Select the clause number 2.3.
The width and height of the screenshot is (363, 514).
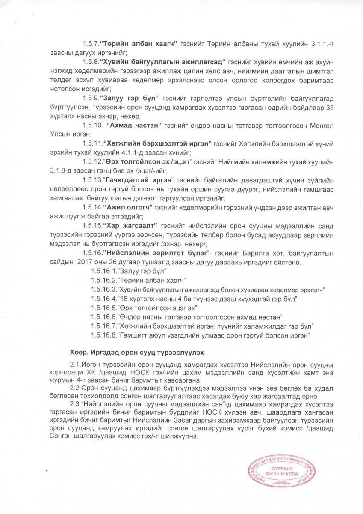pos(75,403)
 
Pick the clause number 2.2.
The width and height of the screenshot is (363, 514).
pos(75,388)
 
